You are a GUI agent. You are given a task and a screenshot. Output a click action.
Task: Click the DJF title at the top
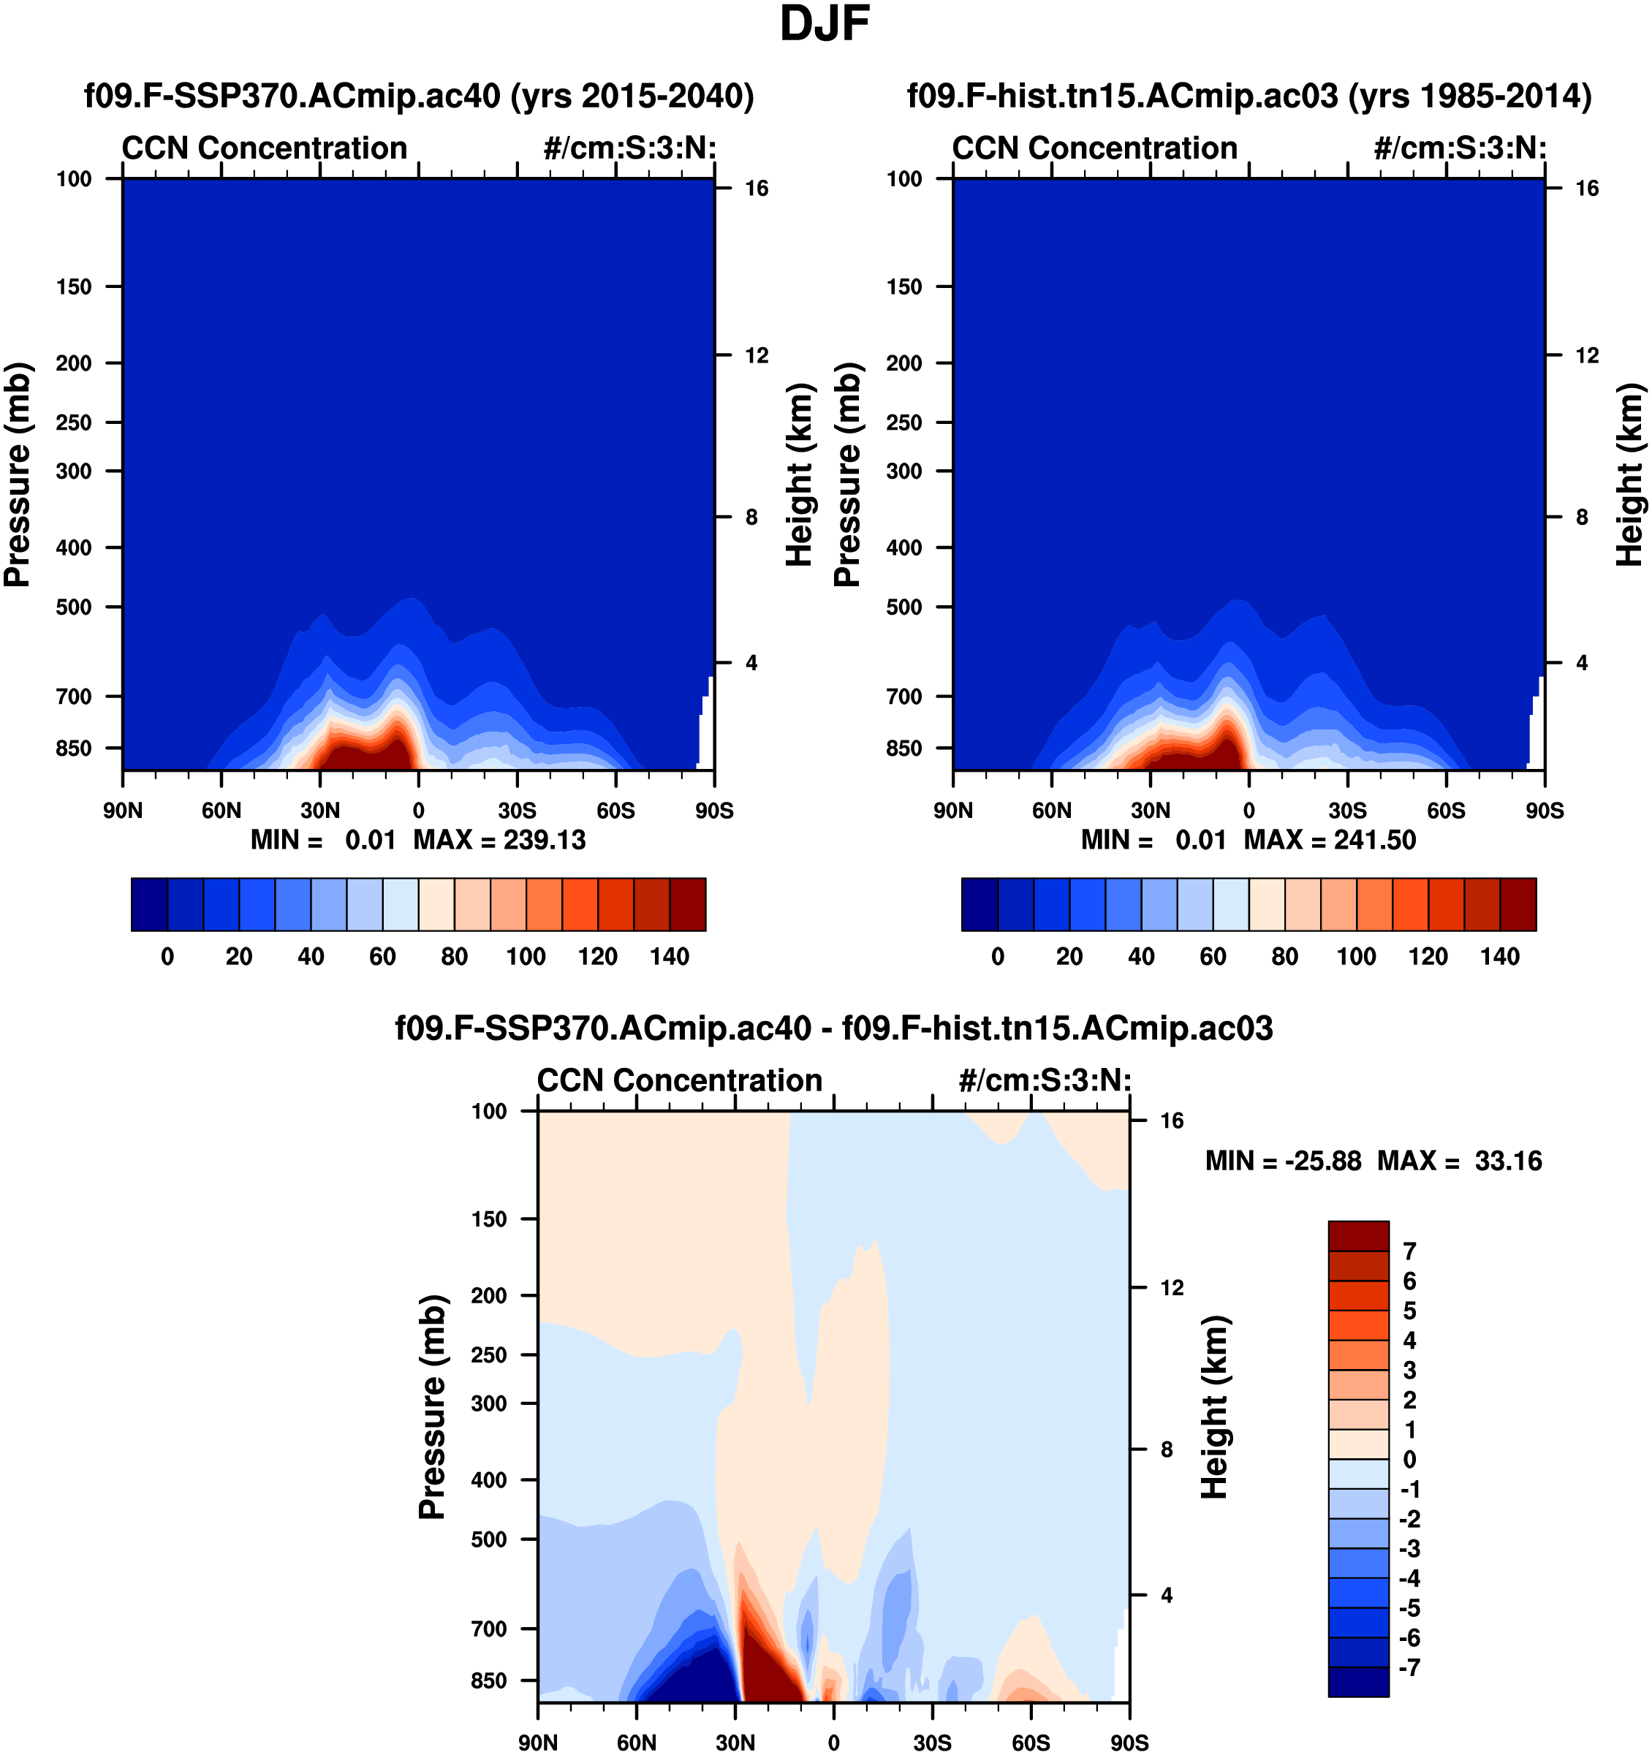[x=825, y=25]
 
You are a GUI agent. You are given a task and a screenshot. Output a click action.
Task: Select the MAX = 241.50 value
[x=1330, y=840]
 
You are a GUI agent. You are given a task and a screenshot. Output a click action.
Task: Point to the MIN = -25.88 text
[x=1283, y=1161]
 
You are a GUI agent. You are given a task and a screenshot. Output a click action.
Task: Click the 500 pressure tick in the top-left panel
[x=73, y=607]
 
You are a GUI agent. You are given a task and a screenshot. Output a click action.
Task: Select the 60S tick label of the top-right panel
[x=1447, y=811]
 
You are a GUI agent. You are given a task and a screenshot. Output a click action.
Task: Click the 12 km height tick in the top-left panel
[x=757, y=356]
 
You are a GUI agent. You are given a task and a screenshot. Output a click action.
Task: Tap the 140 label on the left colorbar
[x=670, y=957]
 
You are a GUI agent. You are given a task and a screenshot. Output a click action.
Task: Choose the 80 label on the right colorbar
[x=1285, y=957]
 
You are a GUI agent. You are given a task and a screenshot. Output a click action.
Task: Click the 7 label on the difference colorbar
[x=1409, y=1251]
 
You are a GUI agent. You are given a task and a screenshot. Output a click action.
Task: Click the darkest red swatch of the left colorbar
[x=688, y=904]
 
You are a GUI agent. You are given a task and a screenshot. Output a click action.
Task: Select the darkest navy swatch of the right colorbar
[x=980, y=904]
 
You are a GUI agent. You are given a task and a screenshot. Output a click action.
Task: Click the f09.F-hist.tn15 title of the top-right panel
[x=1249, y=95]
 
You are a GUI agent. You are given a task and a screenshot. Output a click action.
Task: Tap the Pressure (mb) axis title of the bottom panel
[x=432, y=1407]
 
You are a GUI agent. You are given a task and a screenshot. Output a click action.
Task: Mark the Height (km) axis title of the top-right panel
[x=1629, y=474]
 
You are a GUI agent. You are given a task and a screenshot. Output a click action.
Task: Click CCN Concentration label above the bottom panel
[x=679, y=1080]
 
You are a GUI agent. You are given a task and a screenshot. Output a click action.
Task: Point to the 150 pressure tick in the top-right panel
[x=904, y=287]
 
